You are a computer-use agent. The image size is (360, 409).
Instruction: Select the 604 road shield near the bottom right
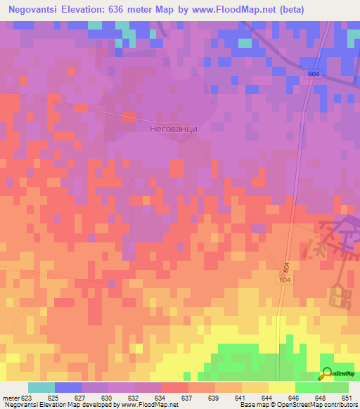[x=283, y=280]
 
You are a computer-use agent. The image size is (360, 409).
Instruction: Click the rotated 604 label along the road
[x=287, y=267]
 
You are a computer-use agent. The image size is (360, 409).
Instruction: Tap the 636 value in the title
[x=132, y=9]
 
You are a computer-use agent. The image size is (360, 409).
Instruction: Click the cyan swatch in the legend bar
[x=41, y=388]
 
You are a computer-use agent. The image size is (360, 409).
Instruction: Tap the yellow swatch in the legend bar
[x=282, y=388]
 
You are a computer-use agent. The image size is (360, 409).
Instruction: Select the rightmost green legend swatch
[x=335, y=388]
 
